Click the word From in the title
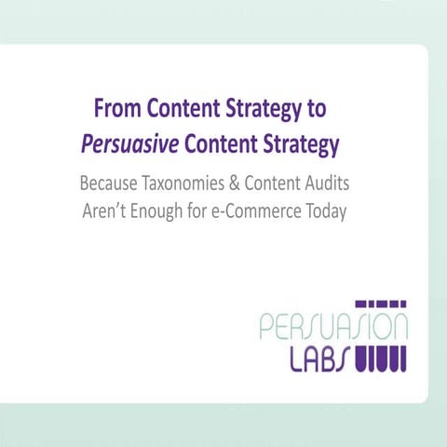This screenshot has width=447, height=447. tap(115, 109)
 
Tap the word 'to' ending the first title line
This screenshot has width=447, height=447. tap(315, 109)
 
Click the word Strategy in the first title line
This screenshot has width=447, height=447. tap(264, 109)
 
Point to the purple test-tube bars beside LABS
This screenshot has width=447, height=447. tap(384, 358)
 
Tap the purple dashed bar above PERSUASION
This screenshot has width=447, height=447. tap(384, 304)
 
